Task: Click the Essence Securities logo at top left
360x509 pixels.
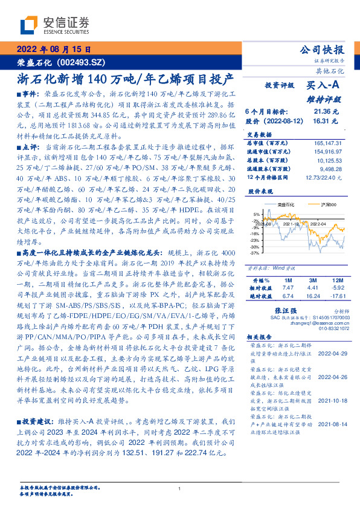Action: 54,25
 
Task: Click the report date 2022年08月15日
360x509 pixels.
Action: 55,50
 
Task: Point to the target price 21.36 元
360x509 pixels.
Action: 326,112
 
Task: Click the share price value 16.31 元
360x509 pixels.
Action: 326,120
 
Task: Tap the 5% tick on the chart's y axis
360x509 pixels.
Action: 256,214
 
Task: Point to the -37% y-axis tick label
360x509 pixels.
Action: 255,253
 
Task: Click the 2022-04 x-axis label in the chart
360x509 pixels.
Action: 319,224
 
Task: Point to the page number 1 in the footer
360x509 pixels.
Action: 180,488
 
